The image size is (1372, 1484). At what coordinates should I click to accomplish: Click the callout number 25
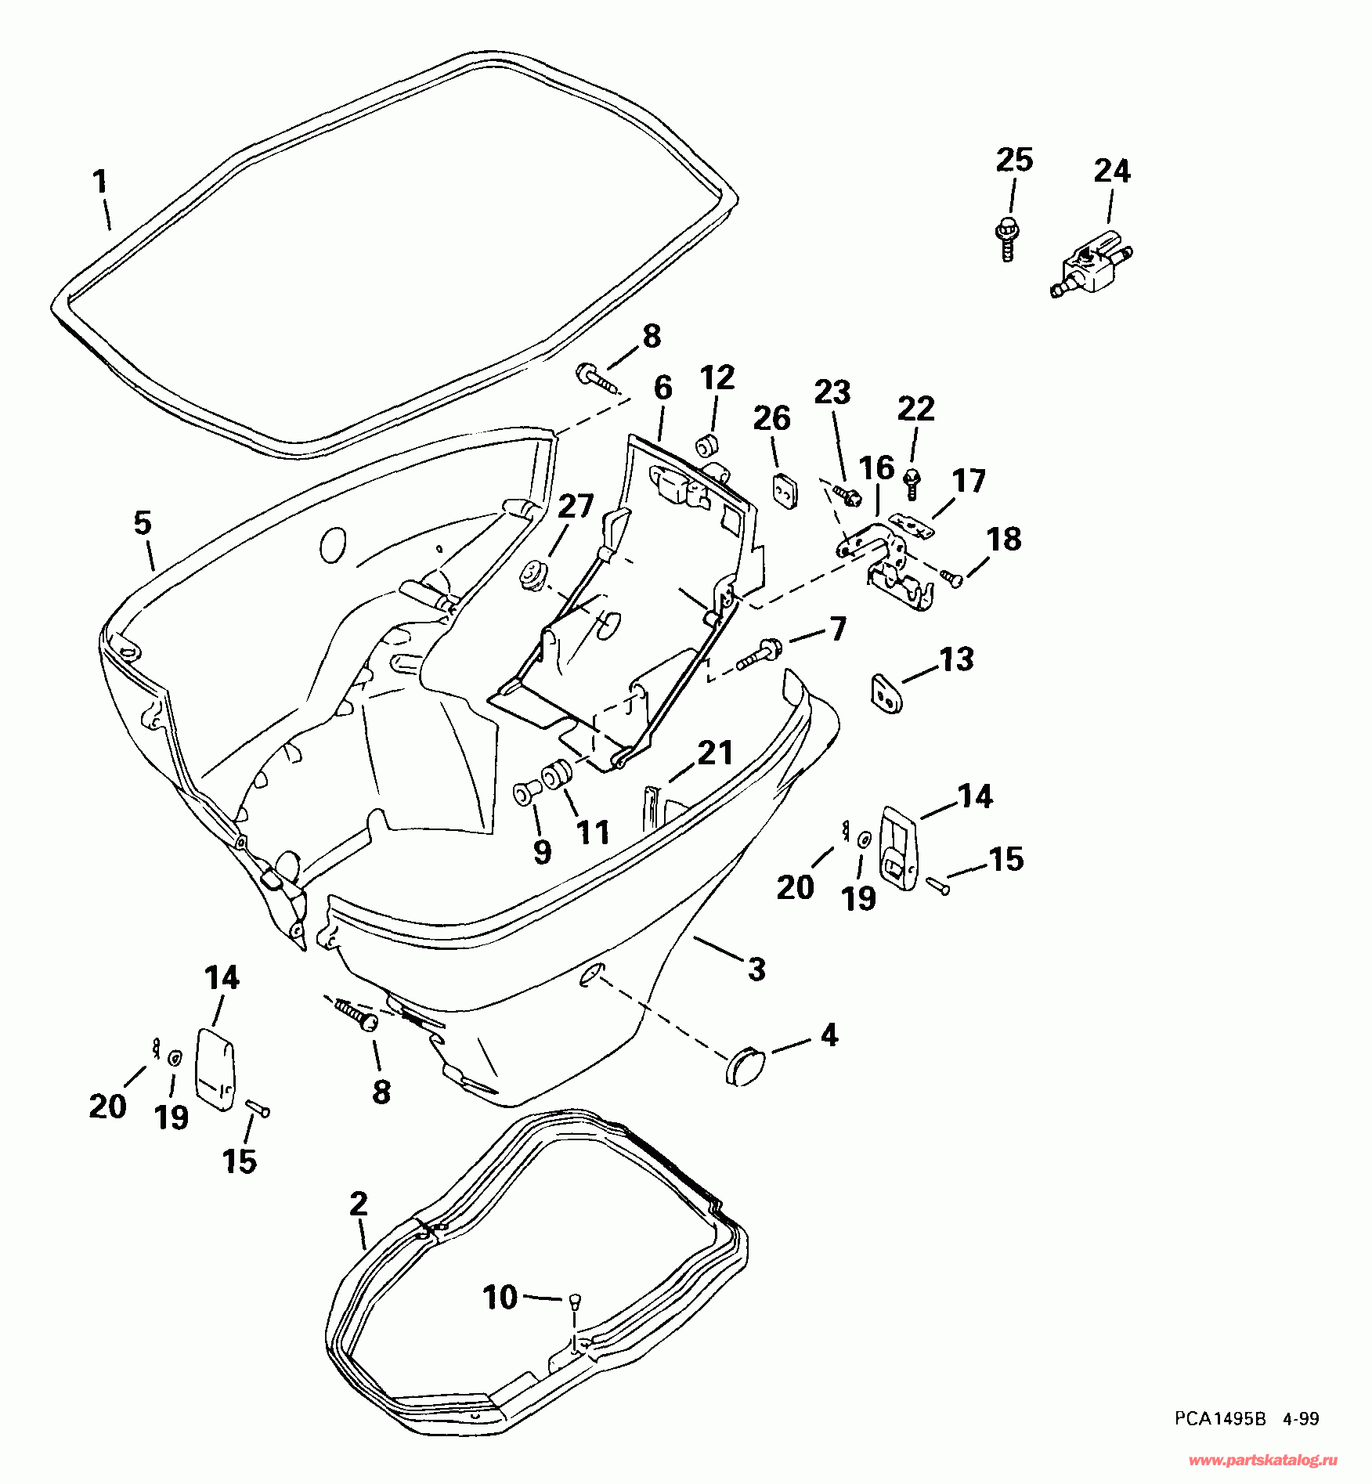tap(1014, 160)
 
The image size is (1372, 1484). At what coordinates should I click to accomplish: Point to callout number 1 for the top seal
tap(99, 182)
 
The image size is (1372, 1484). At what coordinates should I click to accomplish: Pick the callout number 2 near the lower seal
tap(359, 1204)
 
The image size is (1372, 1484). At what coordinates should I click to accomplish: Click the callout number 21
tap(714, 753)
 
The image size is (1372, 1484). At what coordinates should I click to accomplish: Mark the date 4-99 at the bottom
tap(1302, 1439)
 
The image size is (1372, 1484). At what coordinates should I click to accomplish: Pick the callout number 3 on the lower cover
tap(756, 969)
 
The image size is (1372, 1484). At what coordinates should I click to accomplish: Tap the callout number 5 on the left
tap(142, 522)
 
